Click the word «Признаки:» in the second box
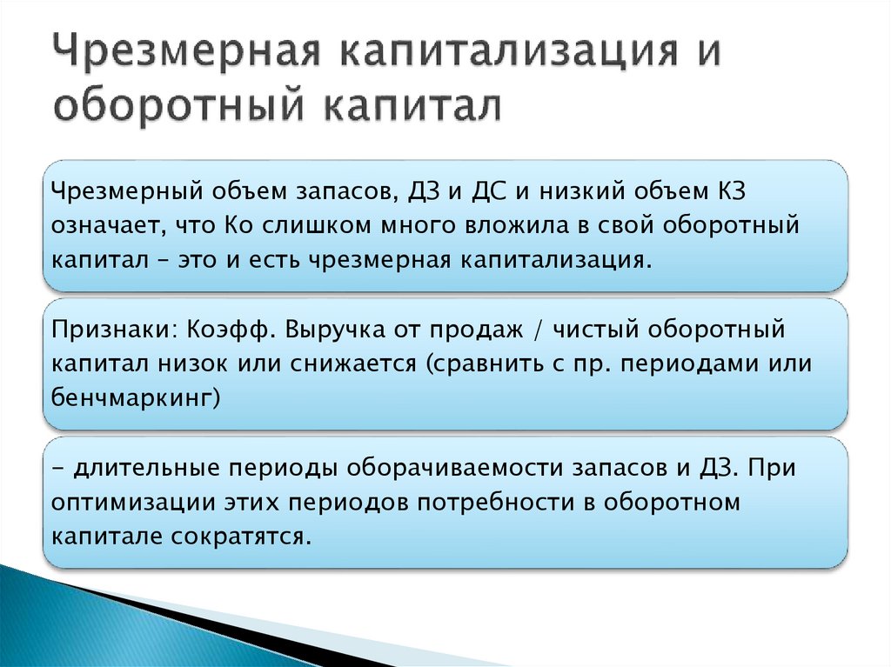point(113,330)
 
